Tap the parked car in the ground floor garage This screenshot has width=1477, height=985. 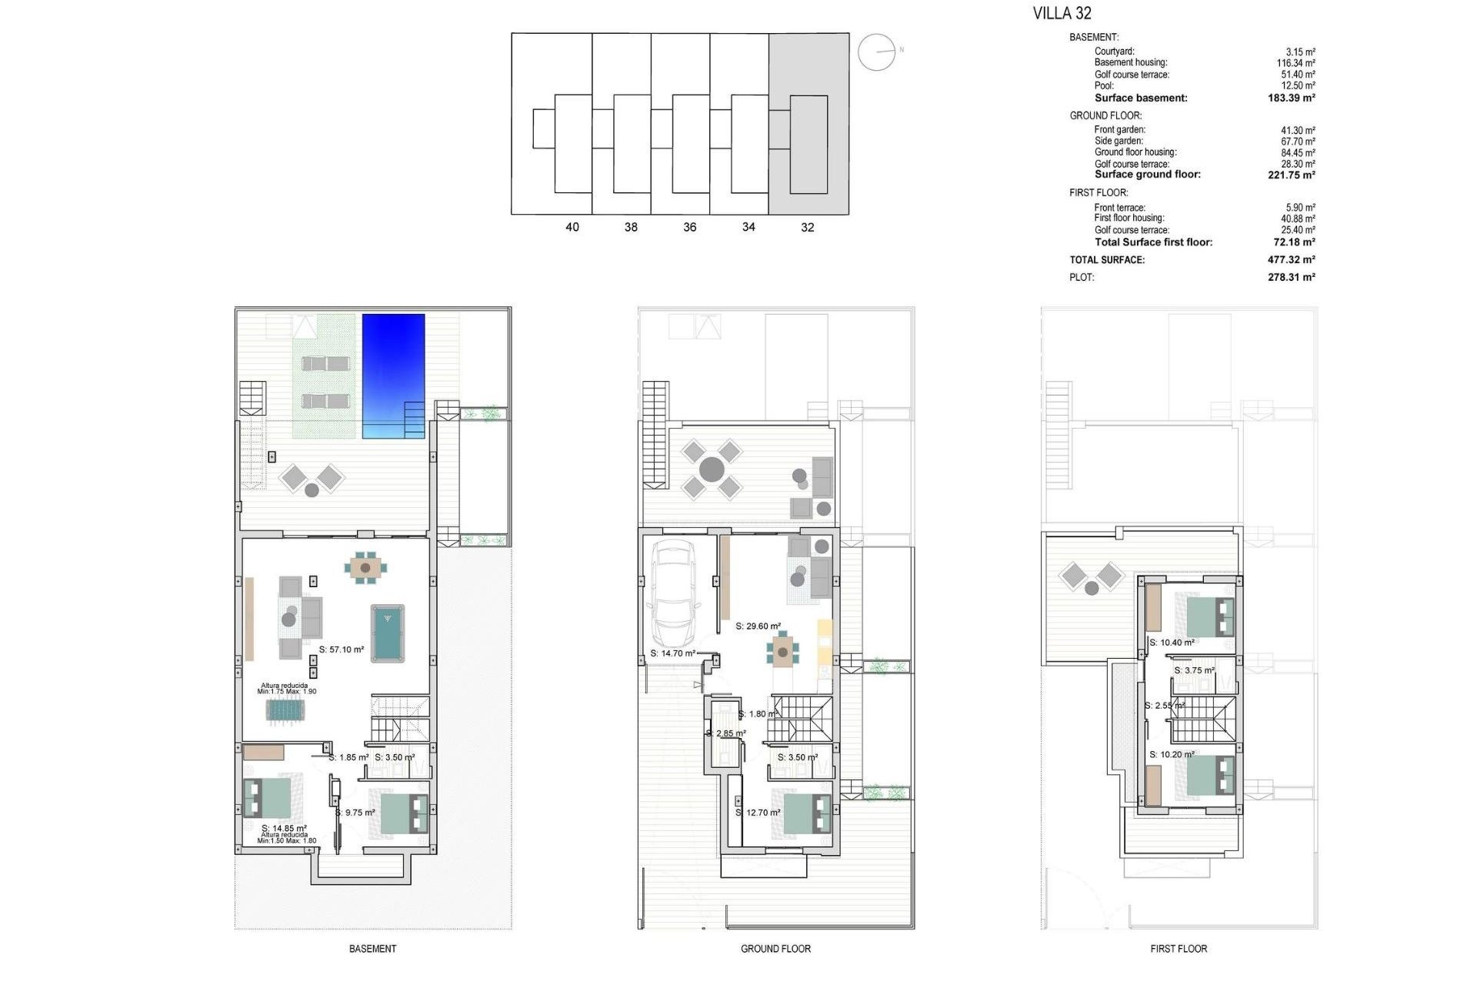pos(675,594)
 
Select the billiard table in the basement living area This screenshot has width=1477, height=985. pos(388,633)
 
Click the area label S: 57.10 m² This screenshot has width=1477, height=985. pos(342,649)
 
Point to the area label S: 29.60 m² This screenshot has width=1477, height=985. pos(758,626)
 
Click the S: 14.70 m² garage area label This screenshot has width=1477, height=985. pos(672,653)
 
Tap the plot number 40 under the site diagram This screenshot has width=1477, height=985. pos(572,227)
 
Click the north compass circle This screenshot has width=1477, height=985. pos(876,52)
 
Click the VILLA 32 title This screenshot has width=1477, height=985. pos(1062,13)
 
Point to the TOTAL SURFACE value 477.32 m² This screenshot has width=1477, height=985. pos(1291,260)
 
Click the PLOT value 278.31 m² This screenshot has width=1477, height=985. pos(1291,277)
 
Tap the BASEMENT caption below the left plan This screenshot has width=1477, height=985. pos(372,949)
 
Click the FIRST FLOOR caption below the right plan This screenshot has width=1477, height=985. pos(1178,949)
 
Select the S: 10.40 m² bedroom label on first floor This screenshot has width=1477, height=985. pos(1172,643)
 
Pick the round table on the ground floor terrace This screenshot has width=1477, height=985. pos(712,469)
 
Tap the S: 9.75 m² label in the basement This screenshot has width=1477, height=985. pos(355,813)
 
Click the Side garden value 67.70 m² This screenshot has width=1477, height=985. pos(1298,142)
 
